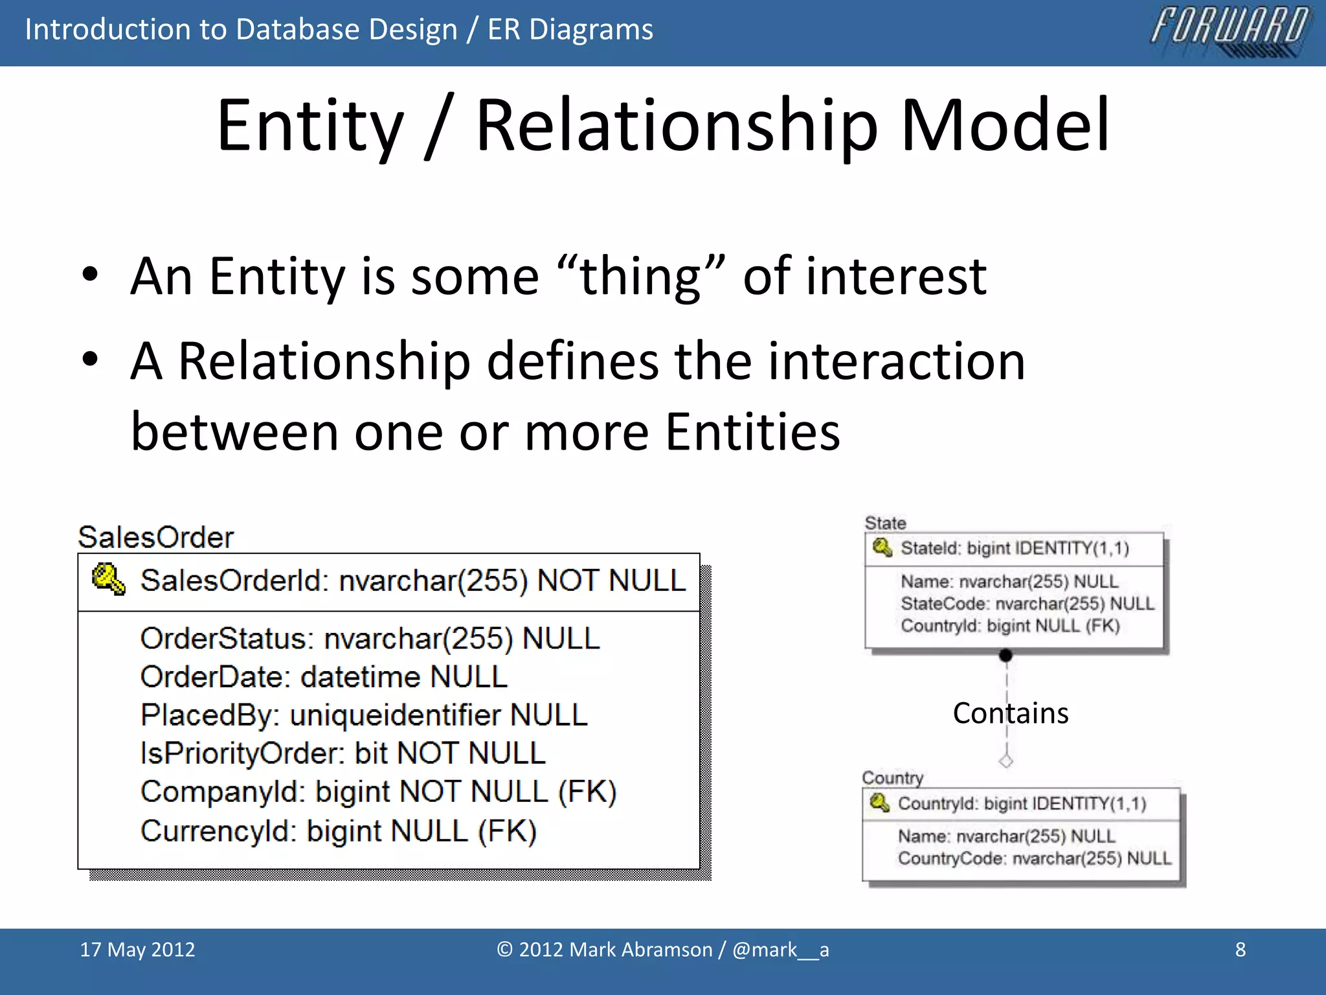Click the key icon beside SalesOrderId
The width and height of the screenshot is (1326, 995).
click(108, 578)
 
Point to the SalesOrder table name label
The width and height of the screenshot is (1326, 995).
click(155, 537)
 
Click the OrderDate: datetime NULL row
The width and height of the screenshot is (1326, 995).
click(324, 677)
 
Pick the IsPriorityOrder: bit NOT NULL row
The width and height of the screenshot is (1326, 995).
click(343, 753)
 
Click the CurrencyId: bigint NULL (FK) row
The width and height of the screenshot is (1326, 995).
click(339, 831)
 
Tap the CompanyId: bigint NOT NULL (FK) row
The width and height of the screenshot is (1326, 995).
click(379, 792)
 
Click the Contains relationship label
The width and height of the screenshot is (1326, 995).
click(1010, 713)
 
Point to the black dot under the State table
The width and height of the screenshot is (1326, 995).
click(1006, 656)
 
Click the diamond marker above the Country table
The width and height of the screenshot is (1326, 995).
click(1006, 761)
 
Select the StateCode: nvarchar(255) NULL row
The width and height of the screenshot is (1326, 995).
click(1028, 604)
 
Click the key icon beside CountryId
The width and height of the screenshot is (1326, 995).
click(879, 803)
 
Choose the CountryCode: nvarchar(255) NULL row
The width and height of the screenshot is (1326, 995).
click(1034, 858)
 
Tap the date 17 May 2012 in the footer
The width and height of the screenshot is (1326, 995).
click(137, 950)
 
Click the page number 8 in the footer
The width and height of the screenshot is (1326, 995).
click(1240, 950)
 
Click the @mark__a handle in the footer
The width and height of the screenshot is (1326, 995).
click(780, 950)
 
